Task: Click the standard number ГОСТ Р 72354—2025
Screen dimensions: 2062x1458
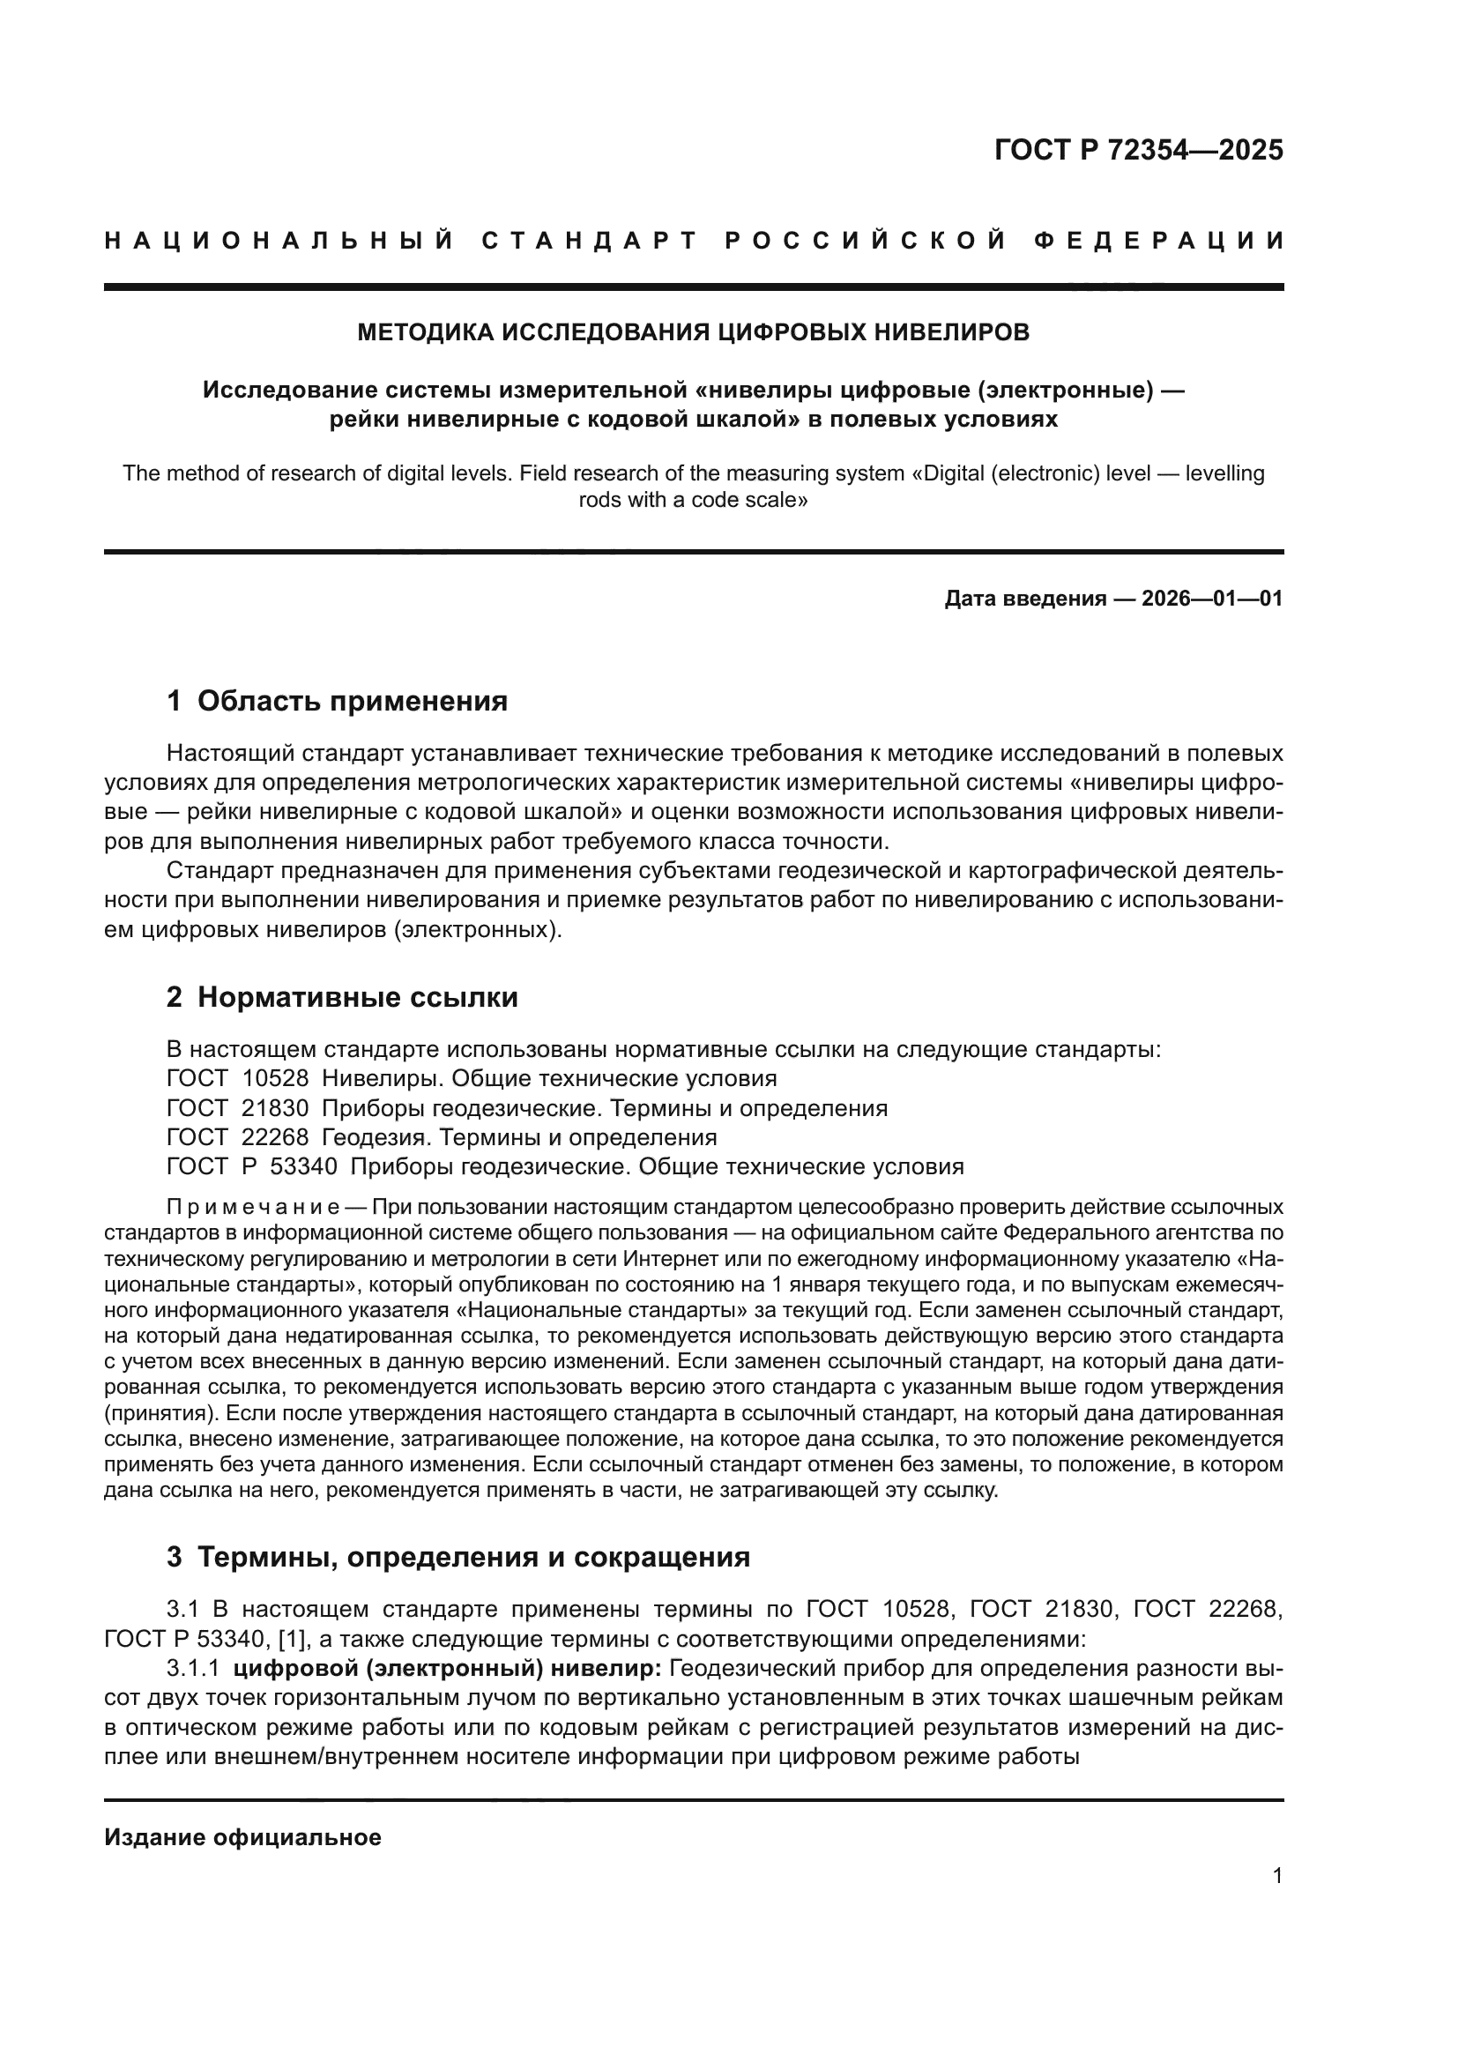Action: [x=1138, y=150]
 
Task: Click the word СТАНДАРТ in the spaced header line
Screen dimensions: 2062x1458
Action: [x=590, y=241]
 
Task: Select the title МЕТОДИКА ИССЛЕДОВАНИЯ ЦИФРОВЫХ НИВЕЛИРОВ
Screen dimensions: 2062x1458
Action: [x=693, y=332]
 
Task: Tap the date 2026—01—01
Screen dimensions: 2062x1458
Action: [x=1212, y=598]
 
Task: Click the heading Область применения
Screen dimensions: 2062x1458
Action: [x=352, y=702]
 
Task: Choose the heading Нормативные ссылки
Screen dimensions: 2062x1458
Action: [x=357, y=998]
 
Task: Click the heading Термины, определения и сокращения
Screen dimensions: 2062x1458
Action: [x=473, y=1556]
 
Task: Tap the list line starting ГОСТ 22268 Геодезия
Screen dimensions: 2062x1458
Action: [x=442, y=1138]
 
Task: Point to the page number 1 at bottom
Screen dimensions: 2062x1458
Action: [x=1277, y=1875]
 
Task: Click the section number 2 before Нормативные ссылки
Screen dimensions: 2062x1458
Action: [x=175, y=998]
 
